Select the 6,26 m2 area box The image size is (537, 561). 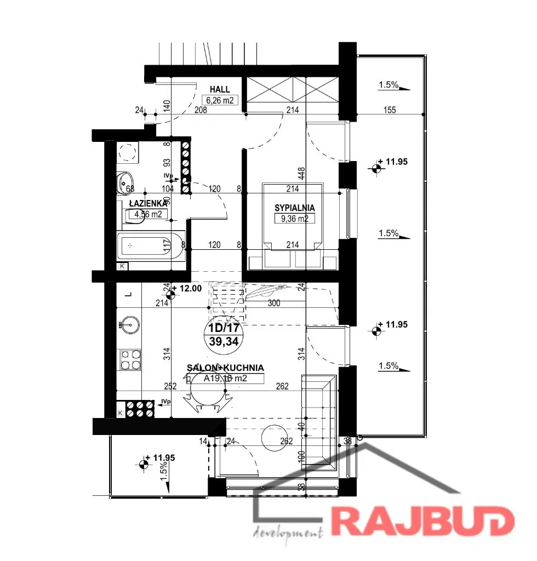220,100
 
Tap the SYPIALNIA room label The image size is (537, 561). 295,208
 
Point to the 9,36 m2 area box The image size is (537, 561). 295,219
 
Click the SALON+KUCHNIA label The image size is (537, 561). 226,368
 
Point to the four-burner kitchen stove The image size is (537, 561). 131,360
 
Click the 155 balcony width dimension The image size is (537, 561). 390,110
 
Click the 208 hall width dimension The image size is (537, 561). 201,110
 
